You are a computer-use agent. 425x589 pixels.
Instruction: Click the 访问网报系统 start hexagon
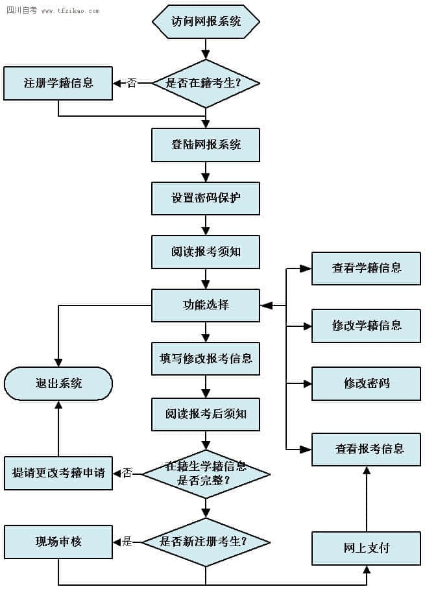pos(206,21)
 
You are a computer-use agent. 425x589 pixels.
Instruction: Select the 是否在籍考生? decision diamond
pos(206,83)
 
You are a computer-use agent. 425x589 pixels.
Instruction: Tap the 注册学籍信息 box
pos(58,83)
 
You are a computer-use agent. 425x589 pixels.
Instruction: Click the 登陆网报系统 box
pos(206,145)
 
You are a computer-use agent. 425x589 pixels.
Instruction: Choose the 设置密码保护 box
pos(206,198)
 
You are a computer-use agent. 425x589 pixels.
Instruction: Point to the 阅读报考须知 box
pos(206,252)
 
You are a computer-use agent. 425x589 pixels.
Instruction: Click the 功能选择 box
pos(206,305)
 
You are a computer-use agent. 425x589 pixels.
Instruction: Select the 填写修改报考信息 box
pos(206,359)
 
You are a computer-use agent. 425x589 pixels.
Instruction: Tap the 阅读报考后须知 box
pos(206,414)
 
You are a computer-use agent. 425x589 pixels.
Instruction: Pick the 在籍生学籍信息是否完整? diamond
pos(206,474)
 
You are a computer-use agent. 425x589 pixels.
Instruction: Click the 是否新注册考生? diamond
pos(206,541)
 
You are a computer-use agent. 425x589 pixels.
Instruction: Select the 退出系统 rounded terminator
pos(58,383)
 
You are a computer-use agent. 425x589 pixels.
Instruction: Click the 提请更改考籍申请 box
pos(58,473)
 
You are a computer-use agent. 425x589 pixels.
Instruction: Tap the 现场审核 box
pos(58,541)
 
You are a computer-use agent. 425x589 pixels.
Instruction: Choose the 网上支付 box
pos(367,548)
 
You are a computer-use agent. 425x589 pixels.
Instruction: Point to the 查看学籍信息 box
pos(367,268)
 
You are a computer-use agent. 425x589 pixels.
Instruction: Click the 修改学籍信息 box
pos(367,326)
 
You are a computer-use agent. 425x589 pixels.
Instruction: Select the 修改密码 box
pos(367,383)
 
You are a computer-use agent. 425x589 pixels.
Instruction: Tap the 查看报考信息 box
pos(367,449)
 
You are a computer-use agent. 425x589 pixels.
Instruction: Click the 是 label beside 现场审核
pos(127,541)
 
